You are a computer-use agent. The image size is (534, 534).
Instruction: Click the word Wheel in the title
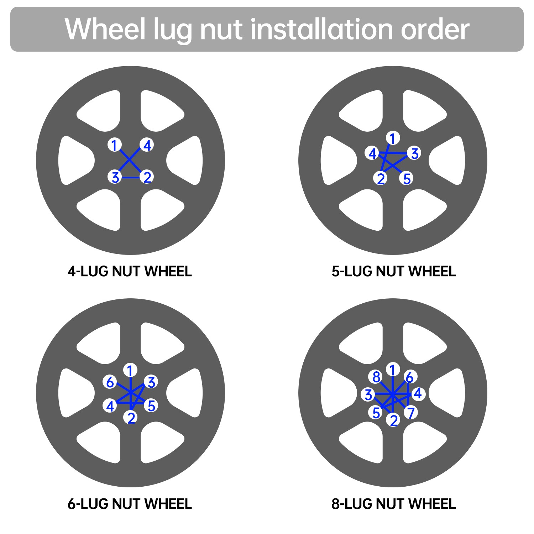click(x=105, y=29)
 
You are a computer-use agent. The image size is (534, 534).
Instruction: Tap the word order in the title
click(x=435, y=29)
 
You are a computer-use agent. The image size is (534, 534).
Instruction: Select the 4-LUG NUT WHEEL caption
click(x=130, y=271)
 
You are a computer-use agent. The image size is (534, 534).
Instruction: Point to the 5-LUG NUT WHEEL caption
click(x=393, y=271)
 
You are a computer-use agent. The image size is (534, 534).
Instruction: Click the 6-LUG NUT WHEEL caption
click(x=130, y=504)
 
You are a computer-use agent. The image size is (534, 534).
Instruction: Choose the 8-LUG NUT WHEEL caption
click(x=393, y=504)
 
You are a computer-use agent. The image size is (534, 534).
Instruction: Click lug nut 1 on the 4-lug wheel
click(x=114, y=145)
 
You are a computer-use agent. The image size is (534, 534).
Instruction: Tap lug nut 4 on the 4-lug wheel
click(x=147, y=145)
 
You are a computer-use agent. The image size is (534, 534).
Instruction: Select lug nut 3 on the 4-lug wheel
click(x=115, y=177)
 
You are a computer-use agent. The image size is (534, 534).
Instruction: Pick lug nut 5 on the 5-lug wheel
click(x=407, y=178)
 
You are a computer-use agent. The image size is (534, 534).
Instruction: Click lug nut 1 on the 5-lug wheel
click(x=393, y=138)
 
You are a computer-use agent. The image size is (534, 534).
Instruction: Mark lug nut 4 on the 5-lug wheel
click(x=372, y=153)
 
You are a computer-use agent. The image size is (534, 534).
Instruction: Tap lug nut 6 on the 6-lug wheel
click(x=110, y=382)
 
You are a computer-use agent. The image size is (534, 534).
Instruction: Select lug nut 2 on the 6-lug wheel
click(x=131, y=418)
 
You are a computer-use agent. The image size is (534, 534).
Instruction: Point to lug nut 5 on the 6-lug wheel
click(x=151, y=405)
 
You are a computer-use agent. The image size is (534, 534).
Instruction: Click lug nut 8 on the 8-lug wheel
click(x=376, y=377)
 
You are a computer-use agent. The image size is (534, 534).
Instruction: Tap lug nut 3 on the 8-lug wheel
click(x=368, y=394)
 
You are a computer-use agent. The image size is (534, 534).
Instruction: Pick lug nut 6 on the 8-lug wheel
click(x=410, y=377)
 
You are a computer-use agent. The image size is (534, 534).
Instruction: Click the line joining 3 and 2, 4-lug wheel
click(x=131, y=177)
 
